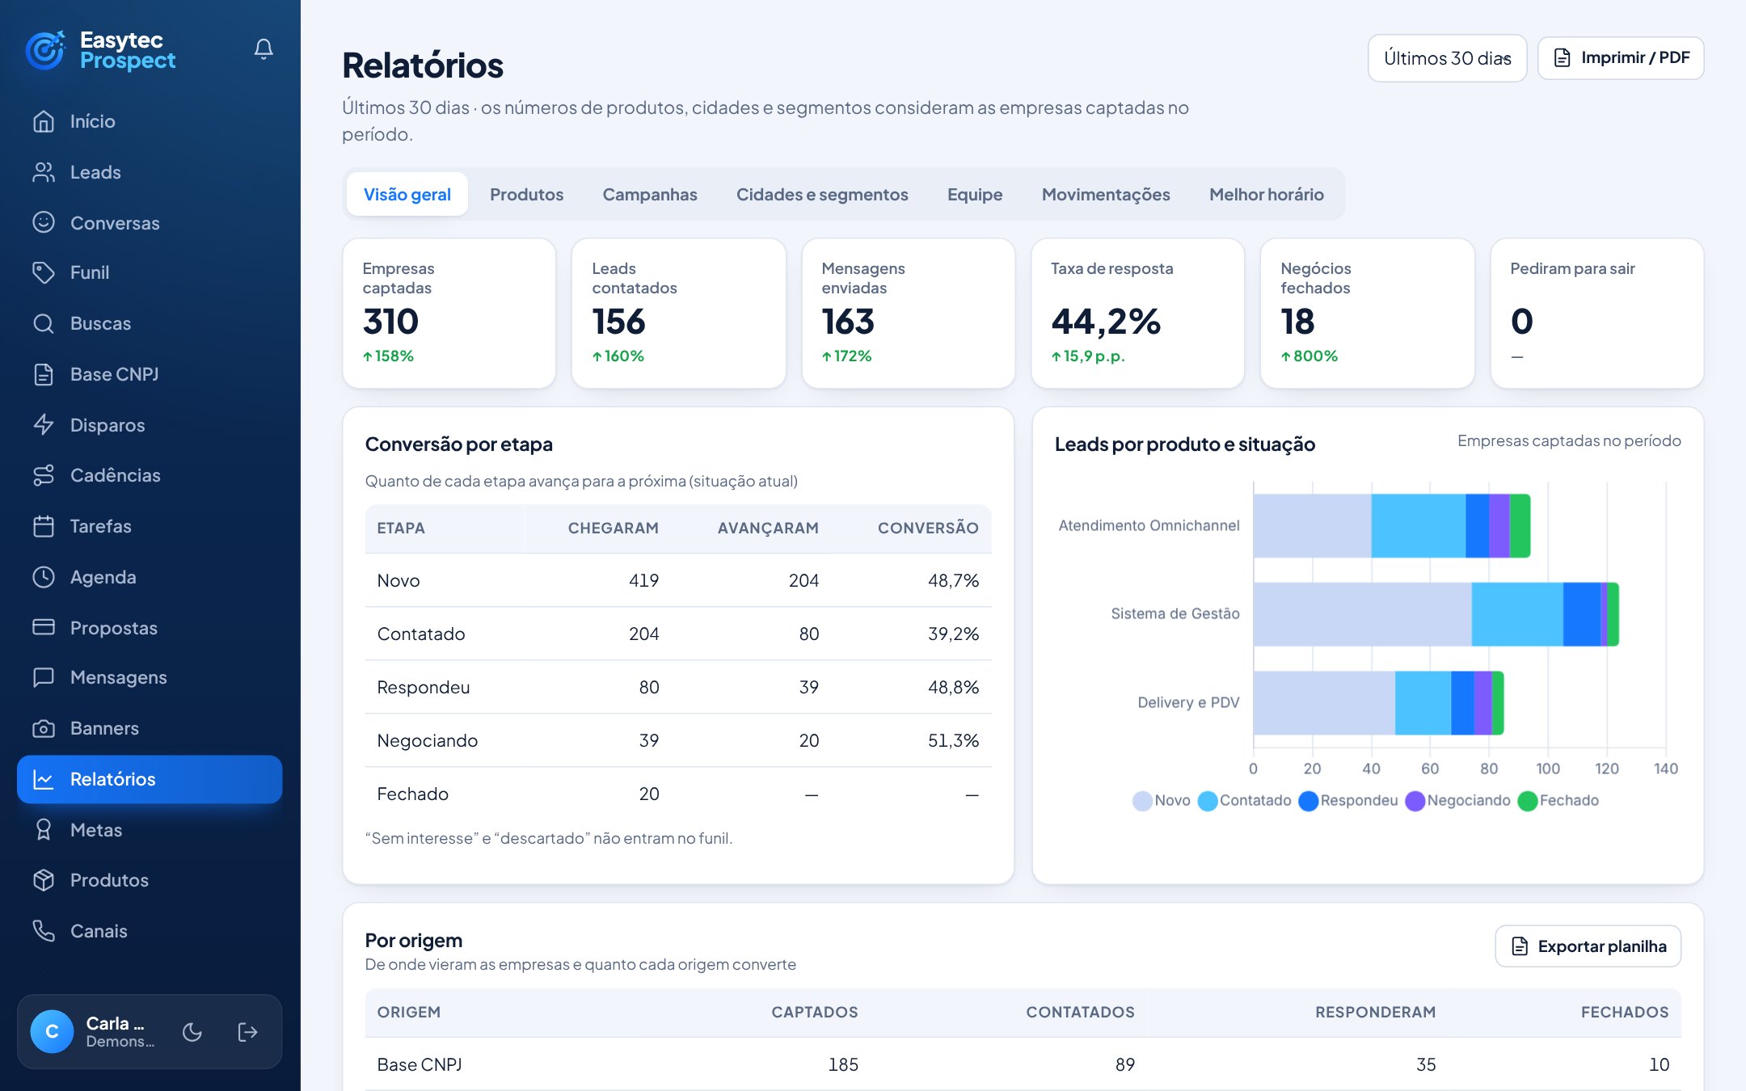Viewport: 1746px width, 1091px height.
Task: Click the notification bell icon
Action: click(264, 49)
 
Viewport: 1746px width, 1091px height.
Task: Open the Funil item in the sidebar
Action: click(89, 272)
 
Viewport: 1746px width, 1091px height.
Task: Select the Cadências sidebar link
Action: click(115, 475)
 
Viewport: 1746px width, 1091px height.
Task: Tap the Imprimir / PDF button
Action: click(1621, 57)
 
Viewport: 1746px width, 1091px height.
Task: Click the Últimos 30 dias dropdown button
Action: click(1447, 57)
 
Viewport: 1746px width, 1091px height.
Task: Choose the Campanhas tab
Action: click(649, 194)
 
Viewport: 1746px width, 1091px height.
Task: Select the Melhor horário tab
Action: click(1266, 194)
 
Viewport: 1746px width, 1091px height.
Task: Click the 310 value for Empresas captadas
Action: click(390, 322)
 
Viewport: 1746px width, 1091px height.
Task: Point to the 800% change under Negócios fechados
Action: click(1309, 356)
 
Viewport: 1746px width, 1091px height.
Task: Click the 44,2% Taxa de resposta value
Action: click(1106, 322)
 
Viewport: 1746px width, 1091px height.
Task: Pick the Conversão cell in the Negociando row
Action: click(953, 740)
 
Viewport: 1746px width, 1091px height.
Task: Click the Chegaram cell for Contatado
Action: click(643, 634)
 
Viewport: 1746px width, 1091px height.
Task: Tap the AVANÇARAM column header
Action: click(768, 528)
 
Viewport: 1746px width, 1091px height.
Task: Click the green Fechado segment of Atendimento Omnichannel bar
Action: click(1520, 525)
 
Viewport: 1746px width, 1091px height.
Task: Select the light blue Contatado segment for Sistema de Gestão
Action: click(1517, 614)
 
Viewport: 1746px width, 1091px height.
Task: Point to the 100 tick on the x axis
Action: click(1548, 769)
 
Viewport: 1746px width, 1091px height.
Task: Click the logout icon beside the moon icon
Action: click(247, 1032)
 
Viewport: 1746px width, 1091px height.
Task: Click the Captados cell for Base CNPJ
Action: click(842, 1064)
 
